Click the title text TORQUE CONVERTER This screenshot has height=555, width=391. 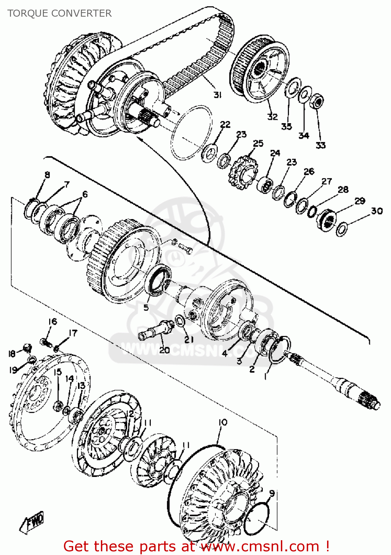(x=59, y=13)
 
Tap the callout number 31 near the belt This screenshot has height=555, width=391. (x=217, y=95)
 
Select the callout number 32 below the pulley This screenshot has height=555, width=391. (x=272, y=117)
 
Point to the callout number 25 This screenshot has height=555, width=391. (x=258, y=143)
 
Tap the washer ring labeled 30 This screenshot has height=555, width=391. (x=342, y=229)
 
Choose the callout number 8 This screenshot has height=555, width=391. (x=47, y=175)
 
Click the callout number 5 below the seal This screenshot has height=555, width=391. (x=146, y=308)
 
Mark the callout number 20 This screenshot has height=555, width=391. (x=164, y=350)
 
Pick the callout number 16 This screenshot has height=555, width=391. (x=52, y=322)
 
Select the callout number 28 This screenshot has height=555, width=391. (x=343, y=189)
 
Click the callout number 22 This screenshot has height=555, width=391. (x=225, y=124)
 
